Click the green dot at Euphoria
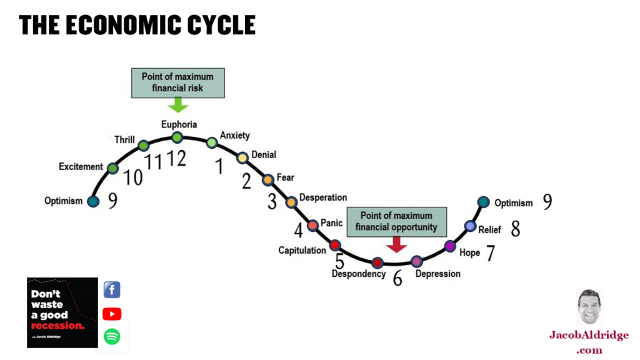point(177,137)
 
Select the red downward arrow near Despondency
point(396,244)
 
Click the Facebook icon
point(112,290)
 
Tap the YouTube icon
point(112,314)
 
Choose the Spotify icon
point(112,337)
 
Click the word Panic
point(331,224)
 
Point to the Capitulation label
point(302,251)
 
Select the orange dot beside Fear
point(267,180)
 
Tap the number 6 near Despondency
point(397,278)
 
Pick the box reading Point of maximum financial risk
point(177,82)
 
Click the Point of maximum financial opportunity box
point(396,221)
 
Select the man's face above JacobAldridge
point(588,307)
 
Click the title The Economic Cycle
point(137,25)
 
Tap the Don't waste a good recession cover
point(62,312)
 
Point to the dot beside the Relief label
point(471,226)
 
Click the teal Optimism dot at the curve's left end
point(93,201)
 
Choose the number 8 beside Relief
point(515,229)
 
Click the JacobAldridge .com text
point(589,342)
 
